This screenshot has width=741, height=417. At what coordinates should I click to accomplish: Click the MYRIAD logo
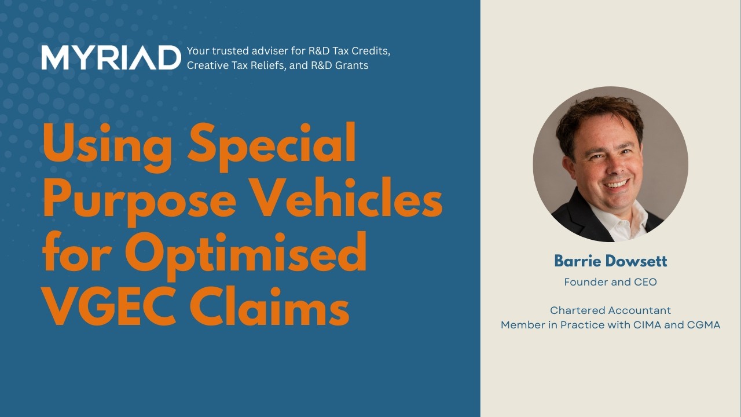(x=111, y=57)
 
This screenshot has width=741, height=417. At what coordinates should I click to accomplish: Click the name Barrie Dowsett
(x=610, y=261)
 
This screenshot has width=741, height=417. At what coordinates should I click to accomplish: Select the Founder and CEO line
(x=610, y=282)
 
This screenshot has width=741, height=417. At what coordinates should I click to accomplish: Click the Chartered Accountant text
(x=610, y=310)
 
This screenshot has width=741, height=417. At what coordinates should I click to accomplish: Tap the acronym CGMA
(x=704, y=325)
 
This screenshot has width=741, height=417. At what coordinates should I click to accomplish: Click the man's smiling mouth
(x=617, y=184)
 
